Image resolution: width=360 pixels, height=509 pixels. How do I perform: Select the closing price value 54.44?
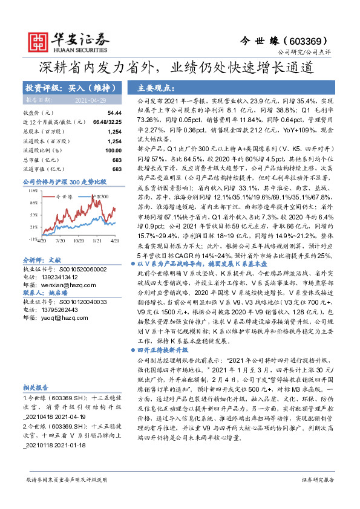point(114,113)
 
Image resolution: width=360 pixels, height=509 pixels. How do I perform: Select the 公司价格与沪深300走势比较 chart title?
point(64,181)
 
